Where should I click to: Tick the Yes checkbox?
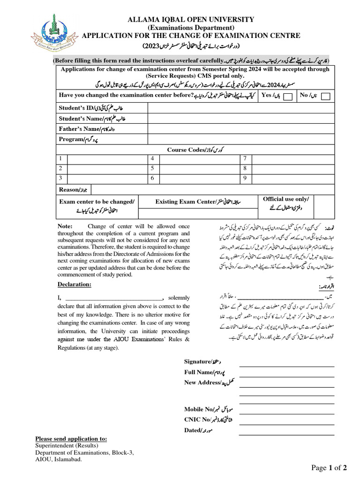(x=289, y=96)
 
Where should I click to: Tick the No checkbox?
(x=326, y=96)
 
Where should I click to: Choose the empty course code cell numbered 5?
(x=199, y=168)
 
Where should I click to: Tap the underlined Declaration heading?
(x=75, y=285)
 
